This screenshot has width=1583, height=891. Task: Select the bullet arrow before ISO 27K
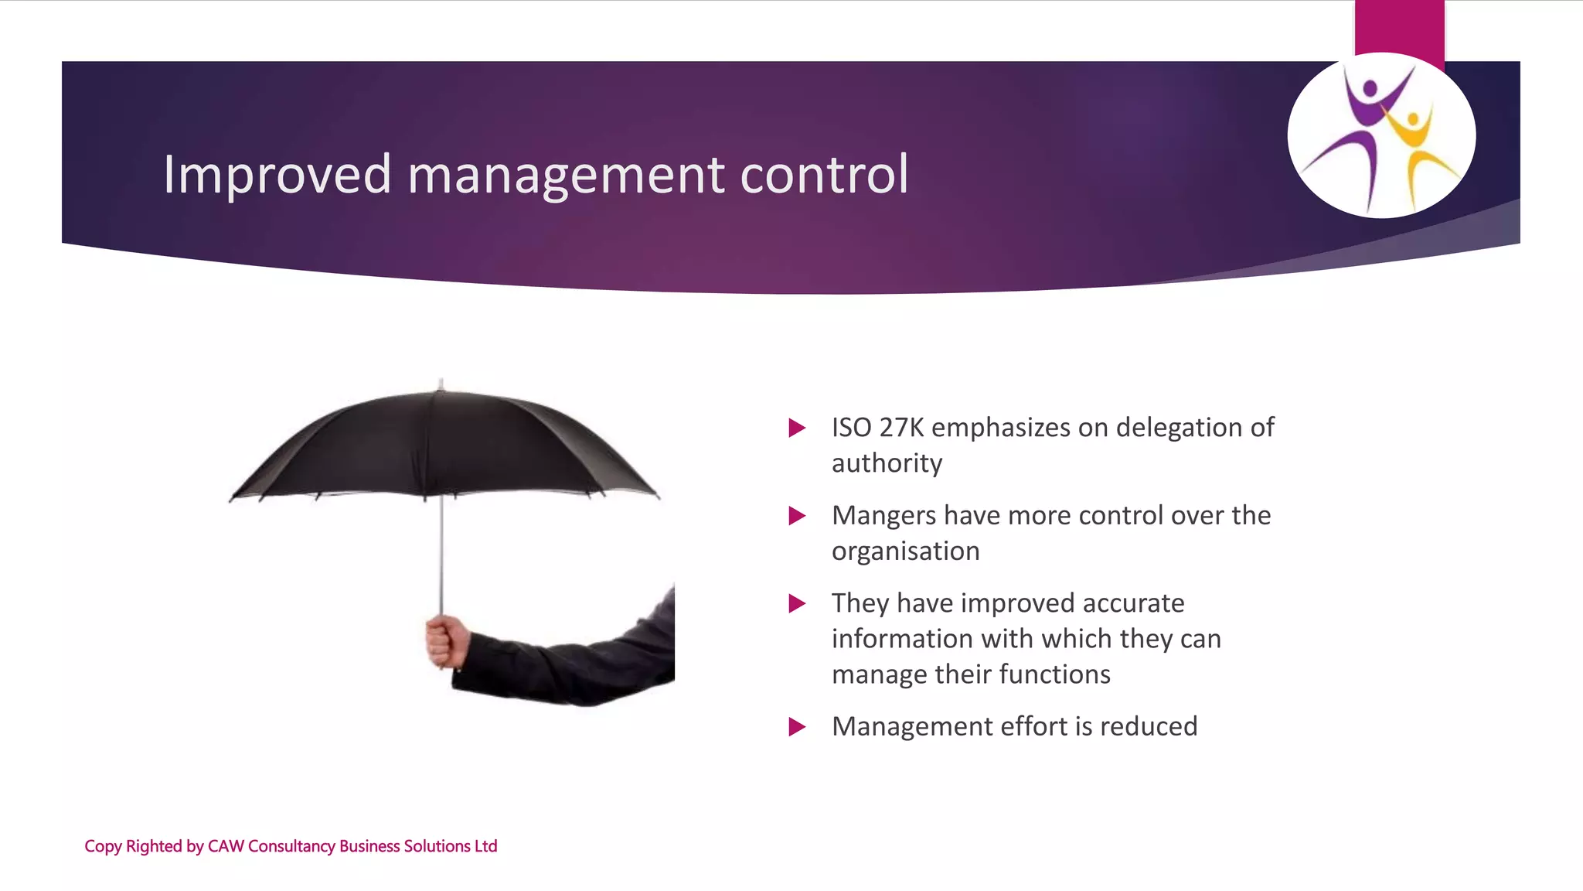797,428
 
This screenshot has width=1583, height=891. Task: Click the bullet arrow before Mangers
797,516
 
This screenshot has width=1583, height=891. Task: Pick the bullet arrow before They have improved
797,603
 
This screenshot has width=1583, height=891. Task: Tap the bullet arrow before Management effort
797,727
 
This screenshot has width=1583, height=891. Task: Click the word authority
887,463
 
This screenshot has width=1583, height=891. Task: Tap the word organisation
905,551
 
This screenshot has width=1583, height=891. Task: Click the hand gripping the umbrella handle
447,641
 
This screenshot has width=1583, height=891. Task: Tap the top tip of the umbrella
441,383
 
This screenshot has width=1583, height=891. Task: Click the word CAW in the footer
226,846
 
